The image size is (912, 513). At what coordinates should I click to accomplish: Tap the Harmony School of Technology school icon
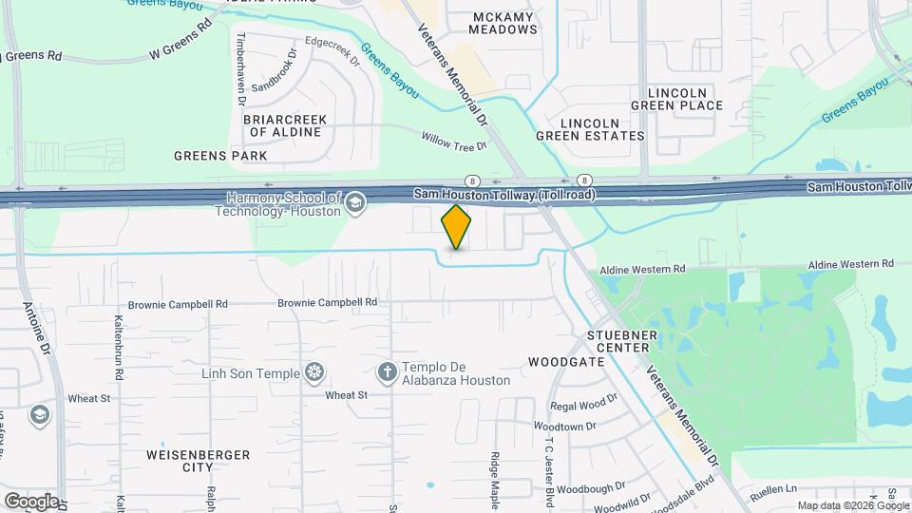355,202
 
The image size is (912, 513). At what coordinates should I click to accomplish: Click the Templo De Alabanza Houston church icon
387,372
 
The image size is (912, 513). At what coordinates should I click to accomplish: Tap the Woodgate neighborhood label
566,362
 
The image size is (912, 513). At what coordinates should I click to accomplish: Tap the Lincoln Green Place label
684,99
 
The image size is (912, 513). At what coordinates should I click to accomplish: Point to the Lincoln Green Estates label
603,129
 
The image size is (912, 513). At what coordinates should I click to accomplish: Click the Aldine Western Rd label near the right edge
851,263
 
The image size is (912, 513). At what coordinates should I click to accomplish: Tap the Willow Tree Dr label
454,141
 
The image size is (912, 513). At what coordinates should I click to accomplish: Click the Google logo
30,501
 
